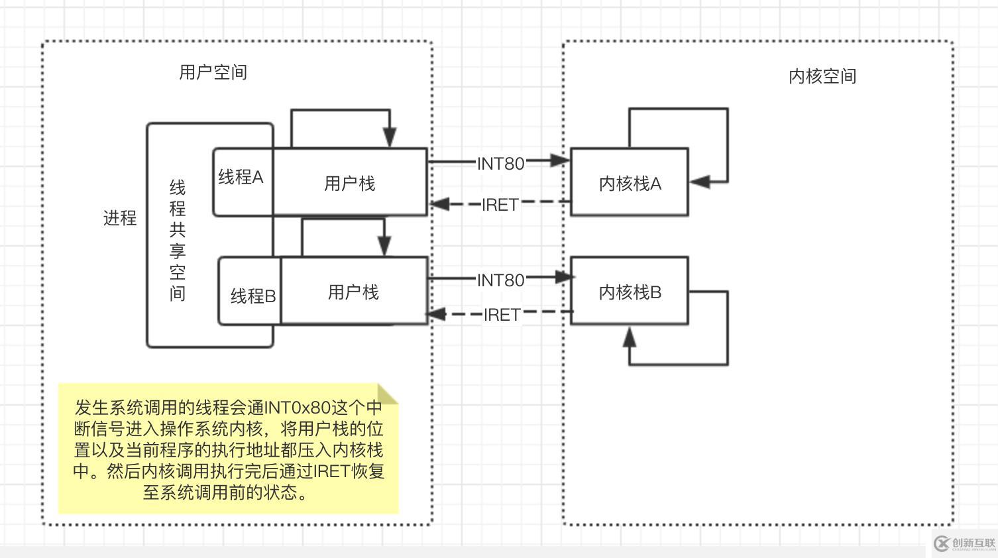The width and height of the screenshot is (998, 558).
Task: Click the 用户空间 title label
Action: [x=213, y=72]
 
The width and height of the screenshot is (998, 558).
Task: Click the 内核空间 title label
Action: [x=822, y=76]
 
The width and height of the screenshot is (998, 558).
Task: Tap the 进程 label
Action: [x=120, y=217]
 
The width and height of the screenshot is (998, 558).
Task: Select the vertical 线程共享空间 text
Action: [x=178, y=240]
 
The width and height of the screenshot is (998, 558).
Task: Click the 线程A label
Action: [x=241, y=177]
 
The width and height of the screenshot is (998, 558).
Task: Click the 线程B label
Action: [x=253, y=296]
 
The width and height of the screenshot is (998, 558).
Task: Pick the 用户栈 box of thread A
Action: [x=349, y=183]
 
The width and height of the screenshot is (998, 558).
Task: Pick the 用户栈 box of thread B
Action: [x=353, y=292]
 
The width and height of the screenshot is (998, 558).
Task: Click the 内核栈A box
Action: [x=630, y=183]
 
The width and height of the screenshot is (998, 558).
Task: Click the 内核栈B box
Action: [x=630, y=292]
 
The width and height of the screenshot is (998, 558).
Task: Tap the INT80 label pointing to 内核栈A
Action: [x=501, y=163]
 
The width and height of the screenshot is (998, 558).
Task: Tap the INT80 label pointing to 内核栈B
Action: [x=501, y=280]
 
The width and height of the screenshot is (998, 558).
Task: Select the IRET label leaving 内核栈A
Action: [x=500, y=205]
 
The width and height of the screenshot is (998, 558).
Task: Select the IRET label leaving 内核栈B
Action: [x=502, y=315]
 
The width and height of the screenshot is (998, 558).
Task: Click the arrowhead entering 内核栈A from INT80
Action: [x=561, y=160]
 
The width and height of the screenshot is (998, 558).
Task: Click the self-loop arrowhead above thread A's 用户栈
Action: [x=390, y=137]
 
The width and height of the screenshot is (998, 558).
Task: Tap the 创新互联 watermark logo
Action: [x=965, y=543]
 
